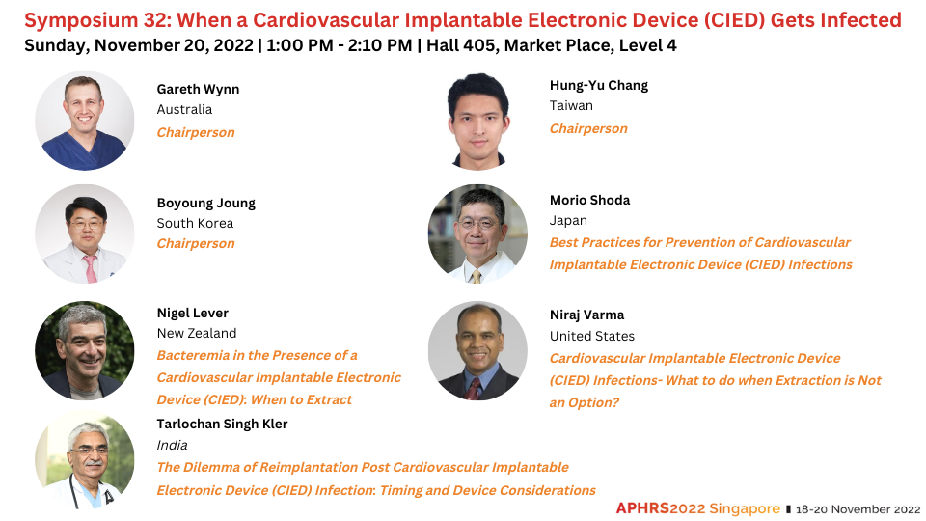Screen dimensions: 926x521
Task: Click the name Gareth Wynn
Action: [x=198, y=89]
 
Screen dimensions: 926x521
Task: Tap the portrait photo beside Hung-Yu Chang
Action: [x=477, y=122]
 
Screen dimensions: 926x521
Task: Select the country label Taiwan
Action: [x=571, y=106]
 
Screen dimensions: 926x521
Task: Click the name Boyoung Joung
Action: [x=206, y=204]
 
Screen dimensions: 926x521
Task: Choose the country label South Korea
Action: [x=195, y=223]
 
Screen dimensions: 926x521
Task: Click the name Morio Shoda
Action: [x=589, y=201]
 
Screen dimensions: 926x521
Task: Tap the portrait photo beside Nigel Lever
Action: [x=85, y=351]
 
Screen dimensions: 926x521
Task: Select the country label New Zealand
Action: [x=197, y=333]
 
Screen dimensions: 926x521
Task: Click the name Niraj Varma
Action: [x=586, y=315]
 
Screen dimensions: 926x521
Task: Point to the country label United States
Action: [x=591, y=336]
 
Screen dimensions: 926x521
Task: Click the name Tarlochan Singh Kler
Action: [x=222, y=425]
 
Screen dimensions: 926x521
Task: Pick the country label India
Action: [x=172, y=446]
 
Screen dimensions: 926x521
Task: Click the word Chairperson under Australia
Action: [x=196, y=132]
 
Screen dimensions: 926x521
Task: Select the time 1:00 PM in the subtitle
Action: [x=299, y=45]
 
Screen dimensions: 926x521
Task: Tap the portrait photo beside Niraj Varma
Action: [x=477, y=351]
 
